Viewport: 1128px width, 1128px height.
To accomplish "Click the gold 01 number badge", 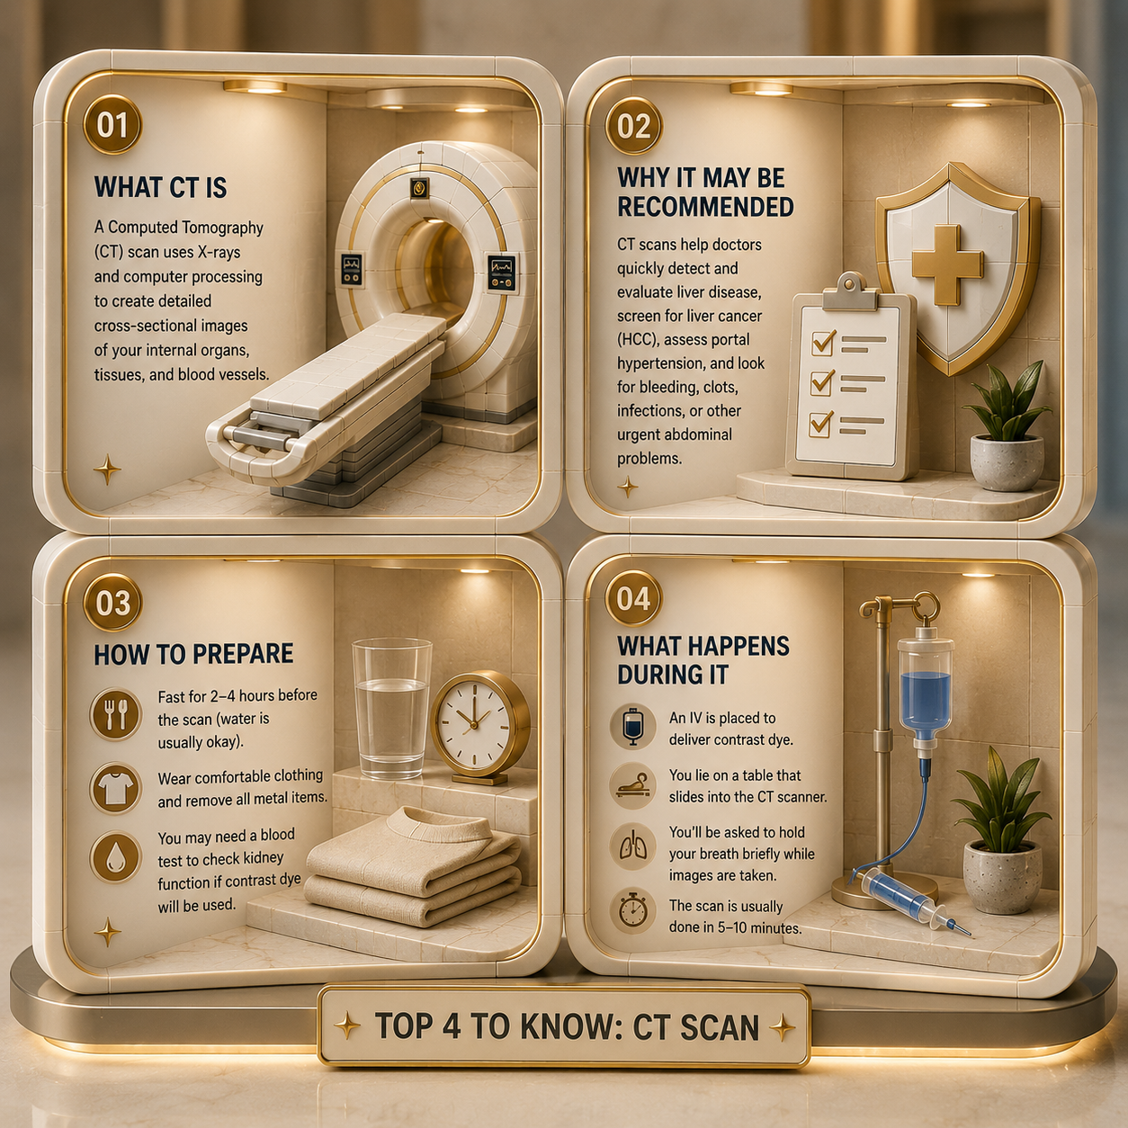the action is point(112,126).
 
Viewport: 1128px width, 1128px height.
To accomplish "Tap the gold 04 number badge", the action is point(632,598).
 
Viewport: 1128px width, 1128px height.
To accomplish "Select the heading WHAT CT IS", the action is point(160,187).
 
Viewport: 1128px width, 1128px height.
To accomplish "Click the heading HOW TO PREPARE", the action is point(193,654).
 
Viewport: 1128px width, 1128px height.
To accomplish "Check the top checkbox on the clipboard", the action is point(822,343).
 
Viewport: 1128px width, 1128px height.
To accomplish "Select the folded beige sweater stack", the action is point(413,866).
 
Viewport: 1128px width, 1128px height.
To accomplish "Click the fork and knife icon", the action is point(115,714).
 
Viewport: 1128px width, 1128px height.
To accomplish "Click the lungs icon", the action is point(632,848).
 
